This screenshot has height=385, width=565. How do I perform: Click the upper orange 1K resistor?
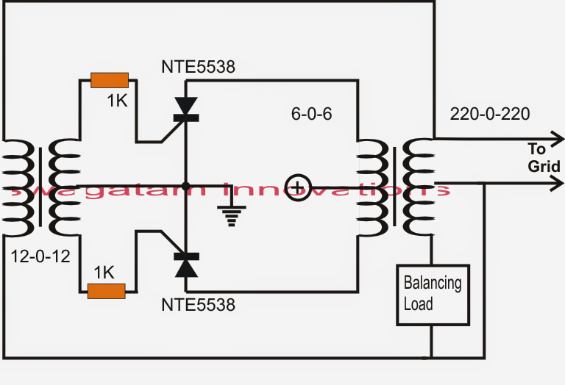pos(110,80)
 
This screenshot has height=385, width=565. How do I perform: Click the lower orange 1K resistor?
pos(106,291)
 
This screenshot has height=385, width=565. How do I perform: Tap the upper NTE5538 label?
pos(198,67)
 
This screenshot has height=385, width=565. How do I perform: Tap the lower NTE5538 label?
pos(198,305)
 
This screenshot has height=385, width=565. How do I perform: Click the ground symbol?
pos(231,216)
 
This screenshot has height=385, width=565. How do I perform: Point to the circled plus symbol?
pos(298,187)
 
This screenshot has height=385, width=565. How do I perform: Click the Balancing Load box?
pos(433,295)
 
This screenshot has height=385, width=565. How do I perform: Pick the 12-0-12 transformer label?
pos(40,256)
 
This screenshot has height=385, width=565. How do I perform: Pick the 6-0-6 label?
pos(312,114)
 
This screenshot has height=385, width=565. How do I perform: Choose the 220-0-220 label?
pos(490,114)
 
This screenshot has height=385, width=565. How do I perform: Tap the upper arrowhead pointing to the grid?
pos(557,139)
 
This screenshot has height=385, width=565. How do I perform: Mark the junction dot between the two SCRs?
pos(186,187)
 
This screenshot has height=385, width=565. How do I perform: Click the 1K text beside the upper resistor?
pos(118,101)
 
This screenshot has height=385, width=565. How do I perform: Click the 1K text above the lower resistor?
pos(104,273)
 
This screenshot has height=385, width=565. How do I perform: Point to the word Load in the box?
pos(419,304)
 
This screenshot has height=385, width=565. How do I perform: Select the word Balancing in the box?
pos(433,283)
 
